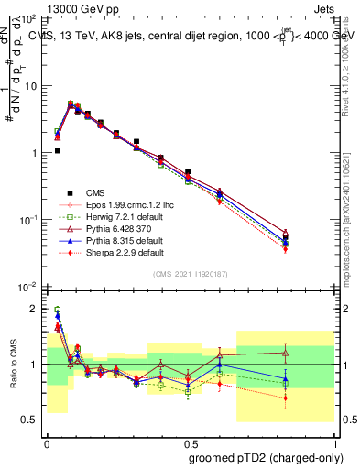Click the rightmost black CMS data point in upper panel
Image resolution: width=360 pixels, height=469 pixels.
(x=311, y=237)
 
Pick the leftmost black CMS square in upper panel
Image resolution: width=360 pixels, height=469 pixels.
(x=57, y=151)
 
